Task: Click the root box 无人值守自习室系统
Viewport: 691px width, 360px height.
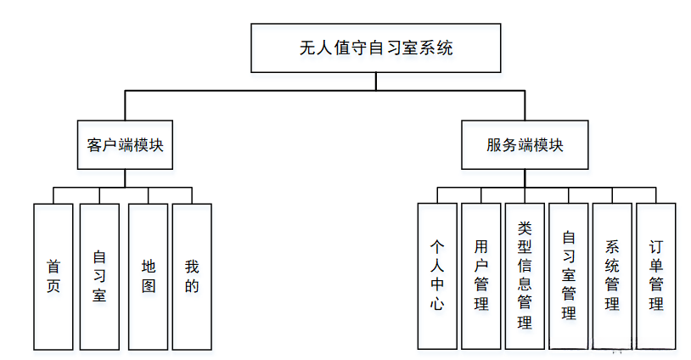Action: (x=376, y=48)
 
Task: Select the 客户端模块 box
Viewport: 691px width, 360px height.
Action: (x=125, y=144)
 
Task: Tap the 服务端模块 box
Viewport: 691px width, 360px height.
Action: (x=525, y=144)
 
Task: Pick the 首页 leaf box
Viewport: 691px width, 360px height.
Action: (x=53, y=276)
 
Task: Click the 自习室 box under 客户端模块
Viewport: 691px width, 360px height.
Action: (x=99, y=276)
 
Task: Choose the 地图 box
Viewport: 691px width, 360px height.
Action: (x=149, y=276)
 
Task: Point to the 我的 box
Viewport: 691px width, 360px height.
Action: (x=192, y=276)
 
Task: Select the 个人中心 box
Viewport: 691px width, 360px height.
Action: (x=437, y=276)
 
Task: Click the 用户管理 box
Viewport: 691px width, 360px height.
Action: (x=481, y=276)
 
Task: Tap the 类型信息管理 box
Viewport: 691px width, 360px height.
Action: (x=525, y=276)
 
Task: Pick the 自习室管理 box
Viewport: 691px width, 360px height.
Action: (x=569, y=276)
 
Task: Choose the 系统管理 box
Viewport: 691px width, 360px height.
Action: (x=612, y=276)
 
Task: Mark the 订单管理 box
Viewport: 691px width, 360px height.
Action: (x=656, y=276)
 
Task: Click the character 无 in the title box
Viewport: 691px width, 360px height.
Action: (x=308, y=48)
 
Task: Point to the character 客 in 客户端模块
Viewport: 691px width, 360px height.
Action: (x=95, y=145)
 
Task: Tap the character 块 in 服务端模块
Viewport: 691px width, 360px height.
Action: (x=555, y=145)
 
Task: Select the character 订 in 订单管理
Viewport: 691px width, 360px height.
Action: (x=656, y=247)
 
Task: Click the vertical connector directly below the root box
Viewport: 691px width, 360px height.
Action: (x=376, y=82)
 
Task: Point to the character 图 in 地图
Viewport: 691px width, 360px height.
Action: (x=149, y=286)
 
